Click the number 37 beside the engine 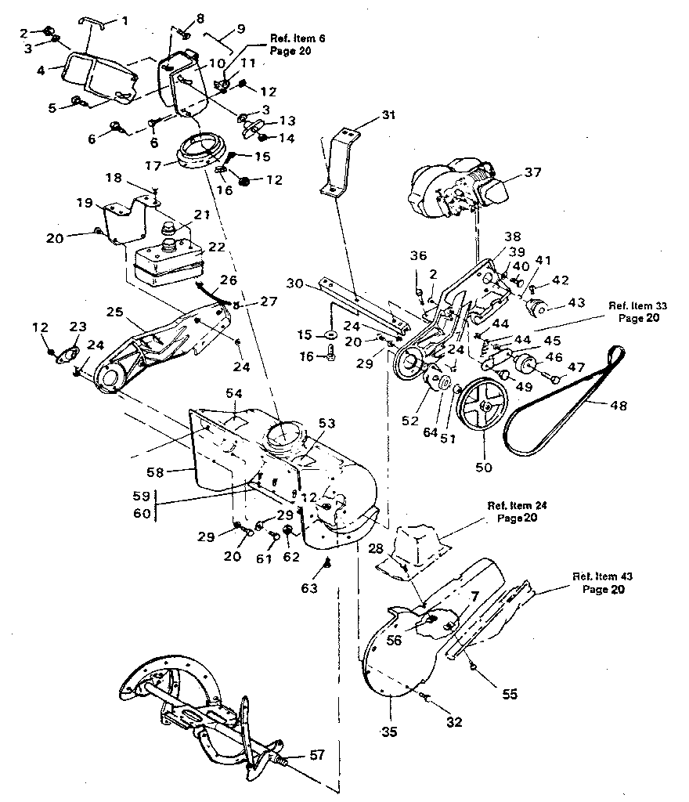[x=533, y=172]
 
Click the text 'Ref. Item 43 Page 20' [x=603, y=583]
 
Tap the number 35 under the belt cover [x=389, y=732]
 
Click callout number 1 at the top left [x=121, y=20]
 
